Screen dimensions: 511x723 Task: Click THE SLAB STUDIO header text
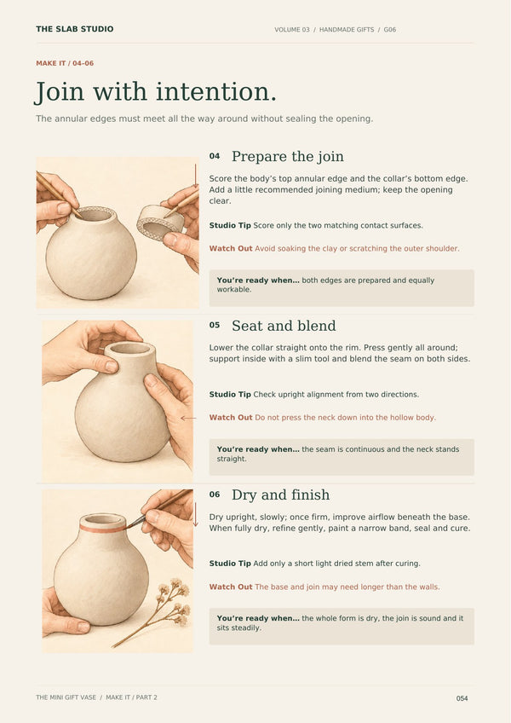tap(75, 29)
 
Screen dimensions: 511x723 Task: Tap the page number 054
tap(462, 698)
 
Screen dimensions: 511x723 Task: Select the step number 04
tap(215, 156)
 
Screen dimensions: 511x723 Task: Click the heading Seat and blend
tap(284, 326)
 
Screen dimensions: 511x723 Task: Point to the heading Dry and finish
tap(280, 495)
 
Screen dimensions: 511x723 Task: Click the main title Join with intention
tap(156, 92)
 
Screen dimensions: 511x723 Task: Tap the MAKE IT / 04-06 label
tap(65, 63)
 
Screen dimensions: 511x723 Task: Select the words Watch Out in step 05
tap(231, 417)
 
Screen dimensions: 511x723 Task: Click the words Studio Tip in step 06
tap(230, 564)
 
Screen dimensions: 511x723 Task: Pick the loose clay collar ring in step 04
tap(160, 223)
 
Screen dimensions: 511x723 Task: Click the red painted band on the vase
tap(103, 528)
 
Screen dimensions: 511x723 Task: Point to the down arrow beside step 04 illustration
tap(195, 176)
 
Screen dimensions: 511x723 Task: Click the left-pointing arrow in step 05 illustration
tap(188, 419)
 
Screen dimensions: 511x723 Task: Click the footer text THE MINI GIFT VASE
tap(66, 697)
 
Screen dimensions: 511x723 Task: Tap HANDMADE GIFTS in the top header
tap(347, 30)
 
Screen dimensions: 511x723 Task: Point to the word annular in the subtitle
tap(71, 119)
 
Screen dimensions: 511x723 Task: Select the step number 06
tap(215, 495)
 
